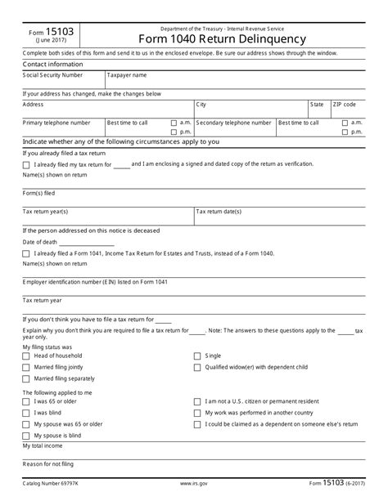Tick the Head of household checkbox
click(26, 356)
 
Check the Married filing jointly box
click(26, 367)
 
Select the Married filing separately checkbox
click(26, 378)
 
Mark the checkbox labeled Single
click(196, 356)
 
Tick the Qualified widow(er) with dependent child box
click(196, 367)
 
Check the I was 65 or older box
click(26, 401)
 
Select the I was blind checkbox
click(26, 413)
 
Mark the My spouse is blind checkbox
click(26, 436)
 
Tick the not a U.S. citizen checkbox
click(196, 401)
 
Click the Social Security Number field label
click(52, 74)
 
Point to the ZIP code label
click(344, 105)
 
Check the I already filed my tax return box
click(26, 164)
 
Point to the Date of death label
click(40, 242)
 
